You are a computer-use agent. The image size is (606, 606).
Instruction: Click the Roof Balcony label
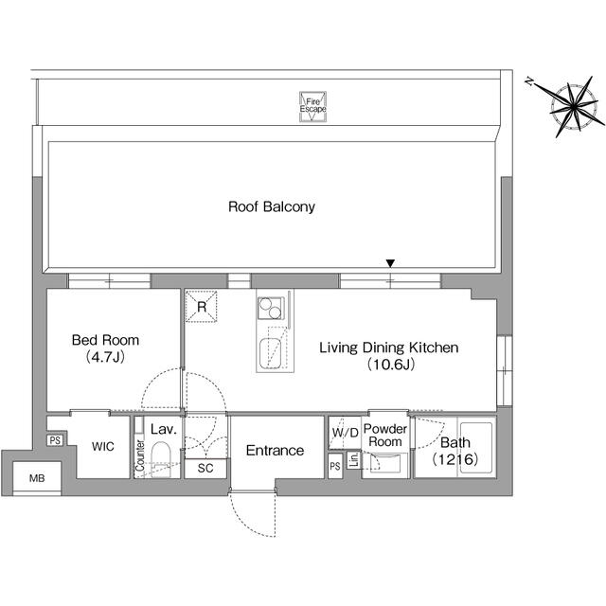tap(272, 206)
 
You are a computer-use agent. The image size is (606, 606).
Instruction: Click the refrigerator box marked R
tap(202, 305)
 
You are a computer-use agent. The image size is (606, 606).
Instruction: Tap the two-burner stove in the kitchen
tap(271, 309)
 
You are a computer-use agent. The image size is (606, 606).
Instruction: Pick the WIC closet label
tap(103, 446)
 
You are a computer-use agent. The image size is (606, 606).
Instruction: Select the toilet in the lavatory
tap(162, 454)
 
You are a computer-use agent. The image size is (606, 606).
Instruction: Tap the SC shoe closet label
tap(206, 468)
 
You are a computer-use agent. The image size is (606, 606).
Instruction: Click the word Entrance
tap(275, 451)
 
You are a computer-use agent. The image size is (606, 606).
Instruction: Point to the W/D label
tap(344, 433)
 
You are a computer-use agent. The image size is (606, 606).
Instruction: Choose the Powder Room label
tap(386, 436)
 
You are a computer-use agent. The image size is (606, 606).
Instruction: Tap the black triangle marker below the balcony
tap(390, 264)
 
